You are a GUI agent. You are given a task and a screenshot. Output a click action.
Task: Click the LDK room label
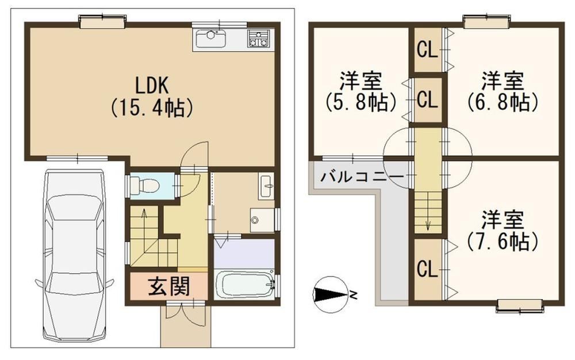pos(152,86)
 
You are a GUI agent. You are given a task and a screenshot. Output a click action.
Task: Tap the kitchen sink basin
pos(210,39)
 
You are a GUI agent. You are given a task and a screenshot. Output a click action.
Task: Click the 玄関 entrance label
pos(169,286)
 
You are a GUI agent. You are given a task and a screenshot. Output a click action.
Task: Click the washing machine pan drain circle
pos(255,220)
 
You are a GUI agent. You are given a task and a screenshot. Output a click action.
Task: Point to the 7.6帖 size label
pos(503,242)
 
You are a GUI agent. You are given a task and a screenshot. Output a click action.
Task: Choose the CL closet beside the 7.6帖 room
pos(427,269)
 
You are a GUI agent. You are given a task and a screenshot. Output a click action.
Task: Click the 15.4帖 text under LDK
pos(152,108)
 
